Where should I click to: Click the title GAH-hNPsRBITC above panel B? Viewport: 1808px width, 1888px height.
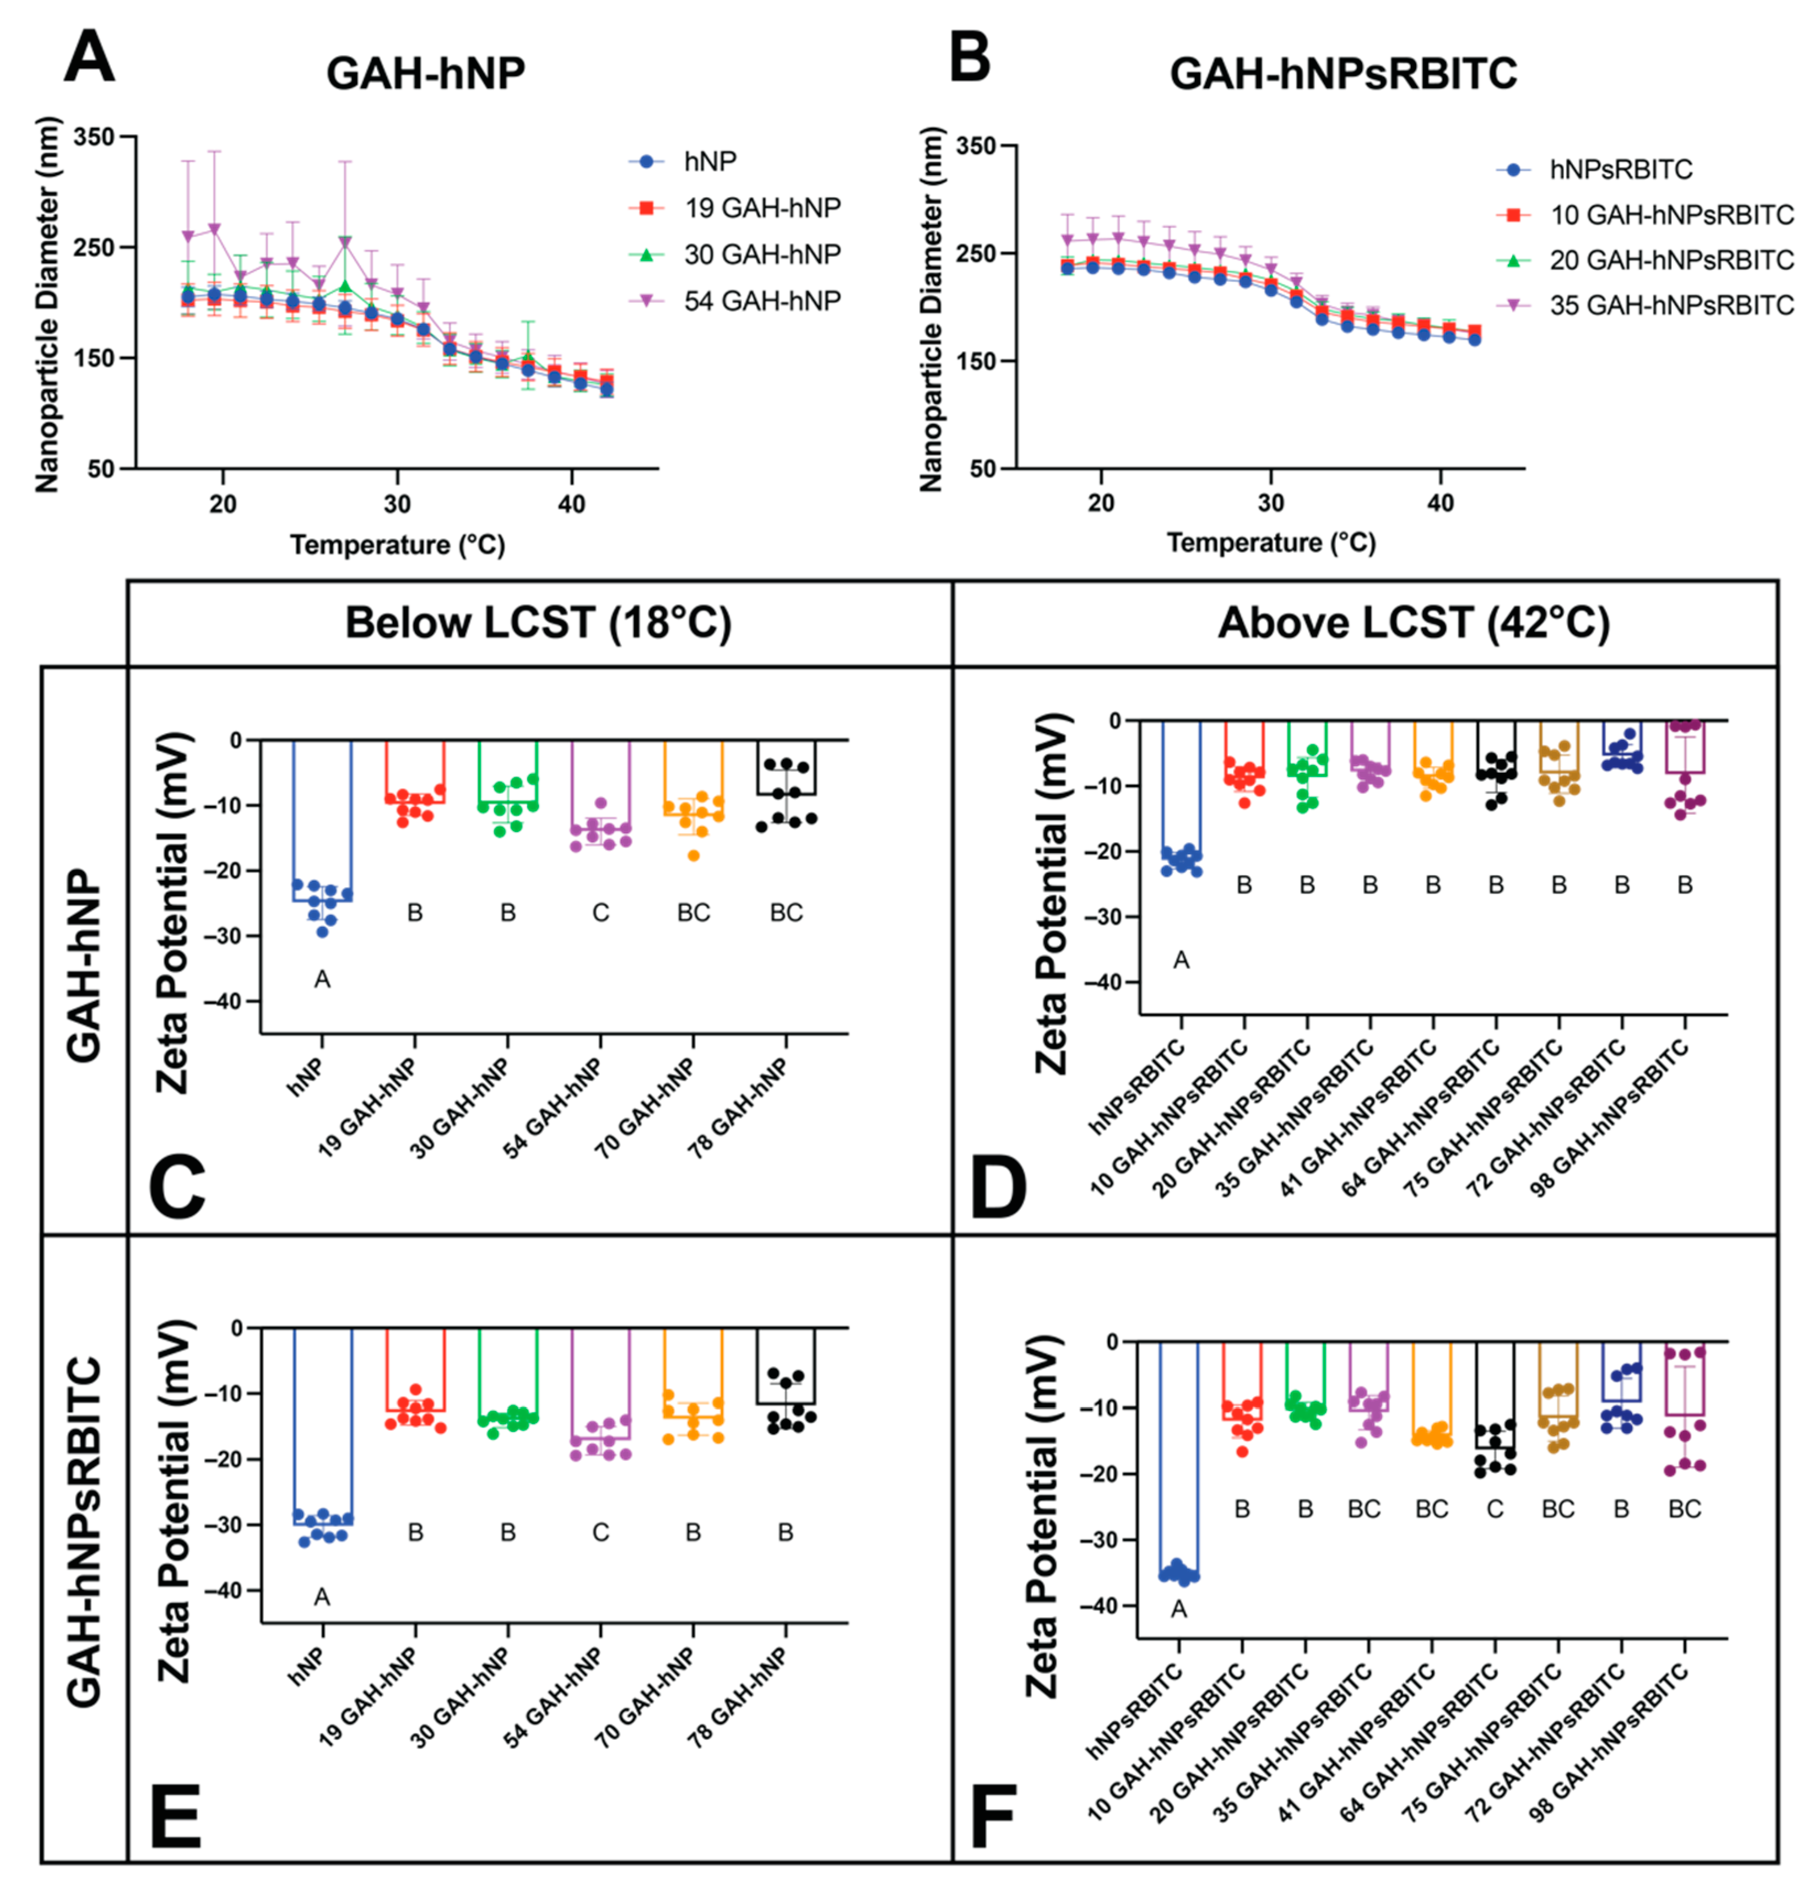click(1343, 73)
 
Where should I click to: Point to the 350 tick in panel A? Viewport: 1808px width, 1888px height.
click(94, 137)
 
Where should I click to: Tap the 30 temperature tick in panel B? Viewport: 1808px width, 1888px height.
click(1270, 503)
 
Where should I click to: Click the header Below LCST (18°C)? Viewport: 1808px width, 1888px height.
click(538, 622)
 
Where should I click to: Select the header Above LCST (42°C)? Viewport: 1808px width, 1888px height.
click(1413, 622)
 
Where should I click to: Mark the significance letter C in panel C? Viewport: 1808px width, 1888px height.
click(600, 912)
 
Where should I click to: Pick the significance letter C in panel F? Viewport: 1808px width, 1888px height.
click(1495, 1509)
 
